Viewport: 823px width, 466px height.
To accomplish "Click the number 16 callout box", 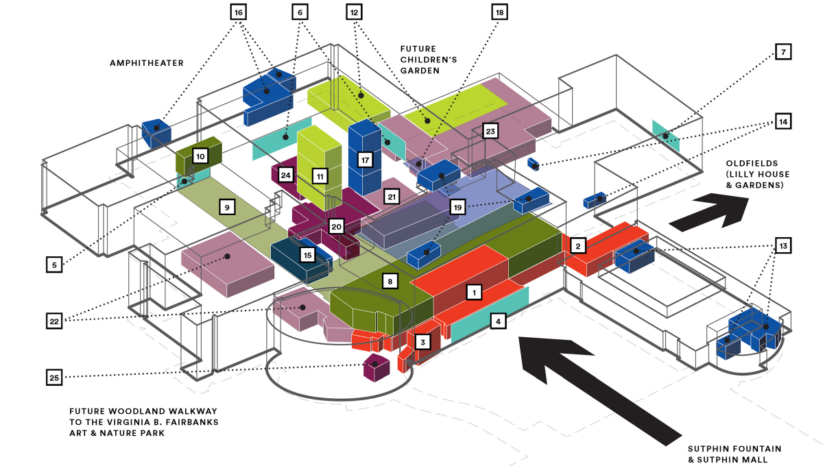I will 238,12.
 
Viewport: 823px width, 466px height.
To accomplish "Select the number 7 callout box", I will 784,52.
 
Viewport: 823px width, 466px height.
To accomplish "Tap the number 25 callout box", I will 55,376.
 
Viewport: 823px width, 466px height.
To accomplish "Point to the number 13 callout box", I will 784,244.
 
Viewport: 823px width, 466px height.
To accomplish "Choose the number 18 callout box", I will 499,12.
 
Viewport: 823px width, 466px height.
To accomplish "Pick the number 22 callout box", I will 55,320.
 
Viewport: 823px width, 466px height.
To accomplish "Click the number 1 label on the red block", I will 472,293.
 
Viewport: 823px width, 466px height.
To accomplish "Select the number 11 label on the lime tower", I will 320,176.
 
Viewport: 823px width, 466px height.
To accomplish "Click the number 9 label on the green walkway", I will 227,205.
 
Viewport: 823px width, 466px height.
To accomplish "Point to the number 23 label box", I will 490,131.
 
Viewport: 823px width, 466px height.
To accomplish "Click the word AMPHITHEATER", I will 147,63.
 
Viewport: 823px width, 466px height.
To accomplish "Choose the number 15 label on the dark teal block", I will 307,255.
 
